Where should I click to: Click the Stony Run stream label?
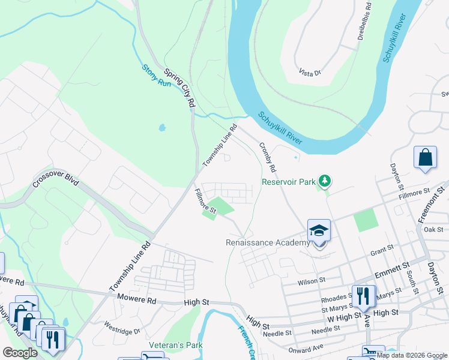pos(157,76)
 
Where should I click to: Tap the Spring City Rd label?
pos(180,88)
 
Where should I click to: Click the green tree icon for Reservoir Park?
pos(324,180)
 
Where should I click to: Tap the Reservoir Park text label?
pos(288,182)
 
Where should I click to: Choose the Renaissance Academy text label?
pos(268,243)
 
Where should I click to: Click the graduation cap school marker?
pos(319,230)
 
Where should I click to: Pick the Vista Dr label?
pos(310,72)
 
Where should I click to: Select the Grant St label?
pos(382,247)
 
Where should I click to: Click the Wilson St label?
pos(312,280)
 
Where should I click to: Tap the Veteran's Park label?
pos(176,345)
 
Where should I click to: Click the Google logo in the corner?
pos(20,353)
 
